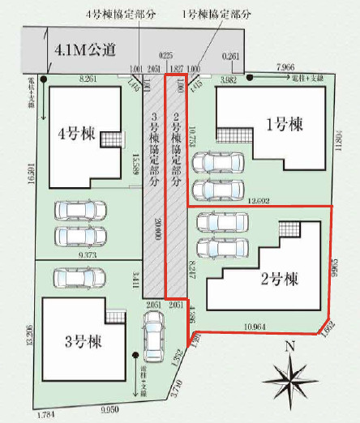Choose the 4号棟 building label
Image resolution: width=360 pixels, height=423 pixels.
(74, 131)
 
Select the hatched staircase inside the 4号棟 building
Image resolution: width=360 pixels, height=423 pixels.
(111, 141)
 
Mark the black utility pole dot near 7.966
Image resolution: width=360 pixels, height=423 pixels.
(250, 78)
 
